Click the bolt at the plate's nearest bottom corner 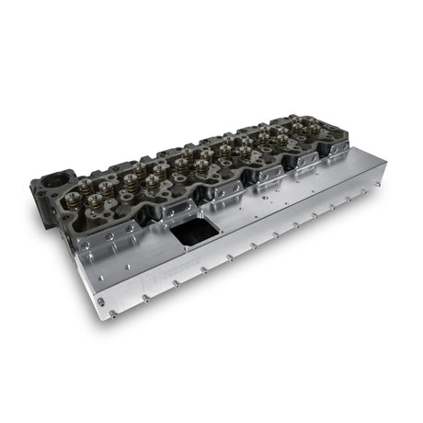tap(113, 314)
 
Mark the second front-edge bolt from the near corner tap(144, 298)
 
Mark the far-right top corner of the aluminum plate tap(383, 164)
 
